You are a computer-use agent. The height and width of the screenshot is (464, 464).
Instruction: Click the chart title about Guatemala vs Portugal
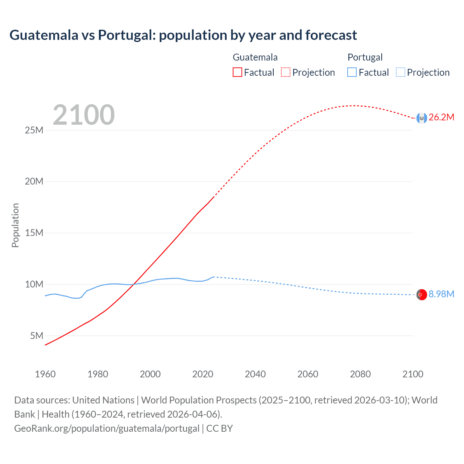(183, 35)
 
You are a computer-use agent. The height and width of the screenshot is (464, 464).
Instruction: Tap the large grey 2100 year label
(84, 115)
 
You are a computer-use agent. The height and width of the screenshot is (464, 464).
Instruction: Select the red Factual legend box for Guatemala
(237, 72)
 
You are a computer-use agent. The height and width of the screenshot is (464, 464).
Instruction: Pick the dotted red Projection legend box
(286, 72)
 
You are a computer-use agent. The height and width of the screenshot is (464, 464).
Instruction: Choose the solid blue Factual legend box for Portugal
(352, 72)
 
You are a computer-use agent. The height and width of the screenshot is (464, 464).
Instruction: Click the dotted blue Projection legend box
(401, 72)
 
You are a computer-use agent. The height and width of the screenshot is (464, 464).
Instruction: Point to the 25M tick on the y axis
(34, 130)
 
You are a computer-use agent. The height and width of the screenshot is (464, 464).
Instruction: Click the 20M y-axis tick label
(34, 181)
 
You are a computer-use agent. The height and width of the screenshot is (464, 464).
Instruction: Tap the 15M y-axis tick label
(34, 233)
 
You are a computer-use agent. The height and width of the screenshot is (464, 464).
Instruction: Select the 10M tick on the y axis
(34, 284)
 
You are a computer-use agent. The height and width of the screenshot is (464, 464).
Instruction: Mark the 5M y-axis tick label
(37, 336)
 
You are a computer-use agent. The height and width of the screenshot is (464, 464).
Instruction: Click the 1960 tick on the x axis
(45, 374)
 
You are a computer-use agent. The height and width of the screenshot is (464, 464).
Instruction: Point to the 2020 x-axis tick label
(203, 374)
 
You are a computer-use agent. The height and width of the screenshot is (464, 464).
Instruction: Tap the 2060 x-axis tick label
(308, 374)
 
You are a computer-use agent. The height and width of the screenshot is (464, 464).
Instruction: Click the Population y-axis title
(15, 225)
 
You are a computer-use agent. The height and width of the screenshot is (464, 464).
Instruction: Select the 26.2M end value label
(441, 117)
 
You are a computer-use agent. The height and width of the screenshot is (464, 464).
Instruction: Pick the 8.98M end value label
(441, 294)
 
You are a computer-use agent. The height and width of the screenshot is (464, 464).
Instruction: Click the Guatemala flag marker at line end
(422, 118)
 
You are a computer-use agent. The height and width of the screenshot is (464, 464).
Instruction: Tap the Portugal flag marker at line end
(422, 295)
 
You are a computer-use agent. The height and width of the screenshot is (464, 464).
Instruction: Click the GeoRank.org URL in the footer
(107, 428)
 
